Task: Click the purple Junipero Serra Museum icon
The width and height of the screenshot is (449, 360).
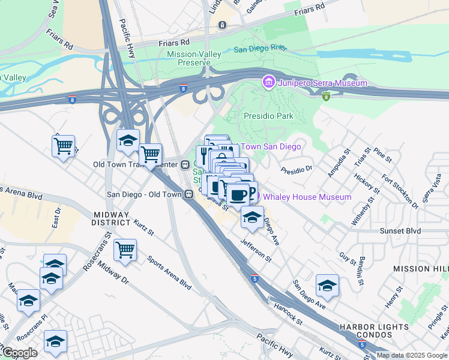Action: click(268, 82)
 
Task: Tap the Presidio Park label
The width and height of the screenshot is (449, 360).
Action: click(267, 115)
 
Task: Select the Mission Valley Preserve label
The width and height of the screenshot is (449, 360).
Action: click(194, 58)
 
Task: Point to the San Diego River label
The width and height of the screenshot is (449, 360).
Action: click(260, 50)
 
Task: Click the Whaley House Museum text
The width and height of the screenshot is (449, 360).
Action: click(307, 197)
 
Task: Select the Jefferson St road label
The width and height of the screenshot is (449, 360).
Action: click(256, 250)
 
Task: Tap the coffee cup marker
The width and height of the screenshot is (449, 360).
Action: click(238, 194)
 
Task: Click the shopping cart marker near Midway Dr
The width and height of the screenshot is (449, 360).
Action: click(125, 249)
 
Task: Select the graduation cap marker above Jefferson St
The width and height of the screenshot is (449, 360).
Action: click(253, 217)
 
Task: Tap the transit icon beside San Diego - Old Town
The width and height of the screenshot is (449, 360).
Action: click(188, 194)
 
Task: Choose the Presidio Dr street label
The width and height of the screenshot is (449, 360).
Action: click(297, 169)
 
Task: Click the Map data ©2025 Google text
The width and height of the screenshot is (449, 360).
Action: click(412, 355)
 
